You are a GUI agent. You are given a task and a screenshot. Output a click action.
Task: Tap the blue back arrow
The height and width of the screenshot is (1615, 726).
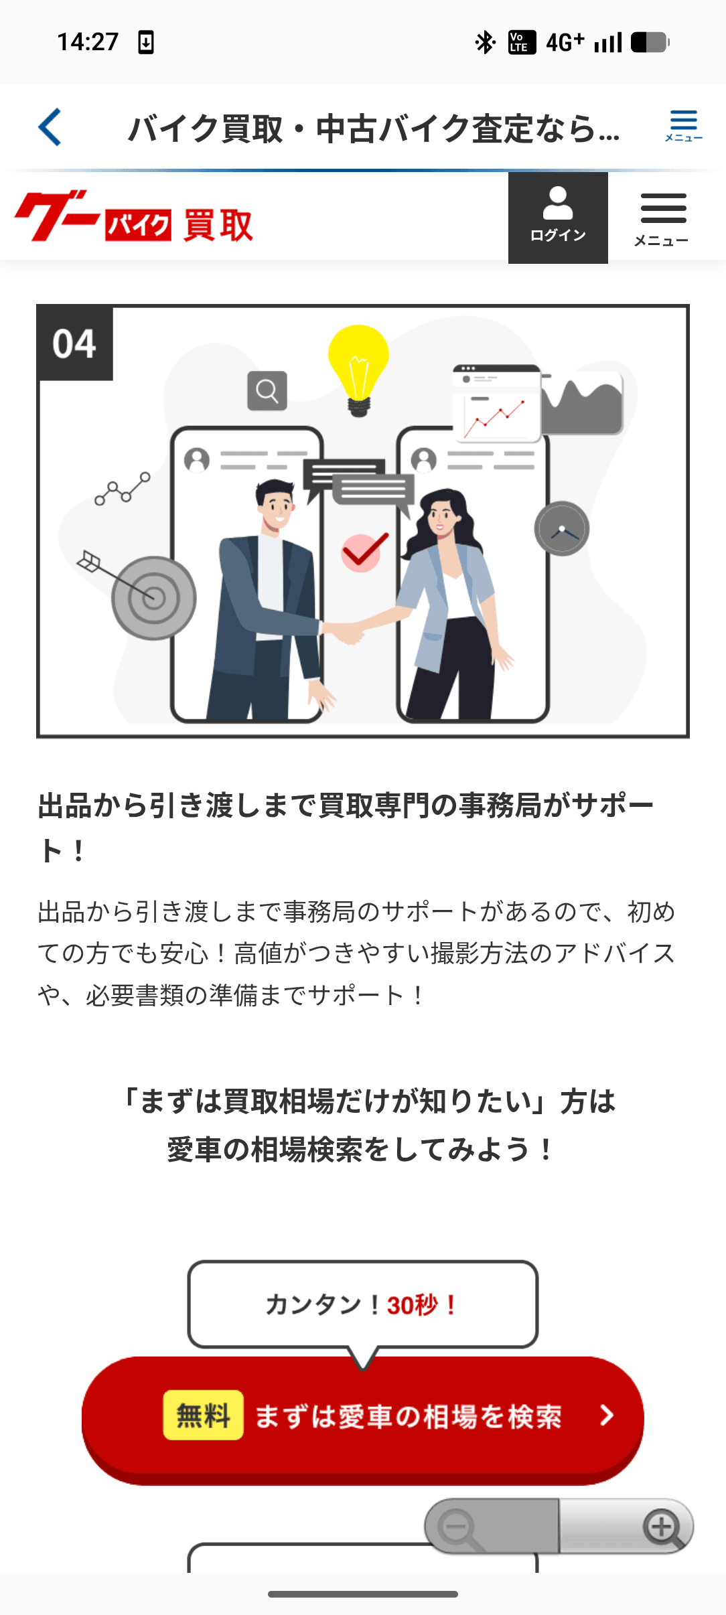tap(50, 127)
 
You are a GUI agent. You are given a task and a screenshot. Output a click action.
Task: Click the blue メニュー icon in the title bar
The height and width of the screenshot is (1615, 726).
tap(683, 126)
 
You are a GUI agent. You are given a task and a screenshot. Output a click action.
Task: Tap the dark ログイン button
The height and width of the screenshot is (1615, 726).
tap(558, 218)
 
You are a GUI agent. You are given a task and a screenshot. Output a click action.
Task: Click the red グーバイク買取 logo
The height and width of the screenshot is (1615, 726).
tap(134, 216)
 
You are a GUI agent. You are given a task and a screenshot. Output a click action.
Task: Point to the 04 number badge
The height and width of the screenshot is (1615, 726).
tap(75, 343)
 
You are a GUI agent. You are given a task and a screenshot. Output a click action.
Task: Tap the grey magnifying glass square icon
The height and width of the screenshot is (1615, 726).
tap(267, 390)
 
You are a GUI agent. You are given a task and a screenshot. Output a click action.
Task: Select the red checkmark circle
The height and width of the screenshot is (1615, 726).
tap(364, 552)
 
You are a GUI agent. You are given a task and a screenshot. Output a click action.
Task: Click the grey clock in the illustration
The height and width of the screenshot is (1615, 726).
tap(562, 529)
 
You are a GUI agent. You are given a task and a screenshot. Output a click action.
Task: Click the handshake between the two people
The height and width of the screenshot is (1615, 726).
tap(346, 631)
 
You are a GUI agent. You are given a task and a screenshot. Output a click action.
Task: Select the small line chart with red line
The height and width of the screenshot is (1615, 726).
tap(496, 416)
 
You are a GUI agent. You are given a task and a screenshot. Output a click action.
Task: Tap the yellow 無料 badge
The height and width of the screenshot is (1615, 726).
tap(203, 1415)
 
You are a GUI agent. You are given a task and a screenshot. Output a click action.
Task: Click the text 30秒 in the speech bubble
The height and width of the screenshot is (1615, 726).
tap(413, 1305)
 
